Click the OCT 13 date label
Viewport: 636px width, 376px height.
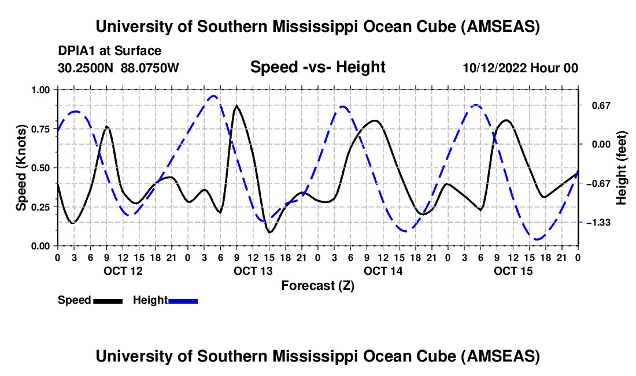(253, 271)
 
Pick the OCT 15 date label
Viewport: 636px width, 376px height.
(513, 271)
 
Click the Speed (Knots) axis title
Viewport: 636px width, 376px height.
(21, 168)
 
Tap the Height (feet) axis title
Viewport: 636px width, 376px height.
(622, 168)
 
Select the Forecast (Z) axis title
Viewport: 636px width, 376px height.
(317, 285)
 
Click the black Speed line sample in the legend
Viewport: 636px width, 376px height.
(107, 300)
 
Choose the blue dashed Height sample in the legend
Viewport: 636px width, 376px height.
(183, 300)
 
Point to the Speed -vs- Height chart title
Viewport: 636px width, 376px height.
(317, 67)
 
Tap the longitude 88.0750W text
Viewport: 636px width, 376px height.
(150, 68)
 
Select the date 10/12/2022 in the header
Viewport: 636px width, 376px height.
(494, 68)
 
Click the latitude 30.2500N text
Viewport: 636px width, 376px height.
(87, 68)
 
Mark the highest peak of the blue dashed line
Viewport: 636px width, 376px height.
(214, 96)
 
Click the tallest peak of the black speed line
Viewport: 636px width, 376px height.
(236, 106)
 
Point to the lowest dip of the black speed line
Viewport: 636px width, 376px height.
(269, 232)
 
